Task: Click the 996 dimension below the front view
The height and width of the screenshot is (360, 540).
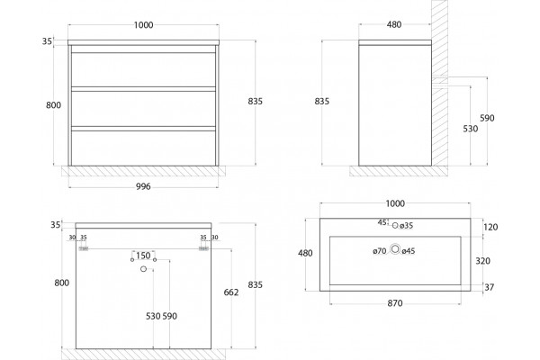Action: [x=143, y=186]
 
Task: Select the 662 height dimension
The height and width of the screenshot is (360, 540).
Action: [x=231, y=292]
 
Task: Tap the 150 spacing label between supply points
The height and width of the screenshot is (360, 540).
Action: [x=143, y=256]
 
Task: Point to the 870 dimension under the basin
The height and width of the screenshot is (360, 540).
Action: [x=395, y=303]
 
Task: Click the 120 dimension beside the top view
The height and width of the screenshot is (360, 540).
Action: [x=490, y=227]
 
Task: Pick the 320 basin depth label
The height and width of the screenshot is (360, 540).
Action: [x=482, y=261]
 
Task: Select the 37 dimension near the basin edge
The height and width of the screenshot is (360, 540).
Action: [x=489, y=287]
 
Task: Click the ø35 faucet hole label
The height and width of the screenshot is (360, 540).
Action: [x=407, y=226]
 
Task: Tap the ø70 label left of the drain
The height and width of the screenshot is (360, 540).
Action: [x=380, y=251]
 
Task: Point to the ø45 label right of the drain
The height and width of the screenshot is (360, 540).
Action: [x=409, y=251]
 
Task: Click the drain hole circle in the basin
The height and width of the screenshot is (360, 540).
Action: [x=395, y=248]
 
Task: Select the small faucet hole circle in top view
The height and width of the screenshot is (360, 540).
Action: [x=395, y=225]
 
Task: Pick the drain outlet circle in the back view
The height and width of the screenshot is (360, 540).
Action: [x=144, y=269]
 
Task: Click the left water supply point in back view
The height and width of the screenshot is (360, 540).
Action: [x=132, y=260]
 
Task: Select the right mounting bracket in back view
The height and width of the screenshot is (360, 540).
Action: [x=204, y=248]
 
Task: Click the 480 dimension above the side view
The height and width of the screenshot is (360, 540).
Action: [x=394, y=24]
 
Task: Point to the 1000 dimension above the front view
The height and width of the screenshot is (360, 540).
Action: [x=144, y=25]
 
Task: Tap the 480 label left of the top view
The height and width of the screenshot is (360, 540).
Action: [x=305, y=253]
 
